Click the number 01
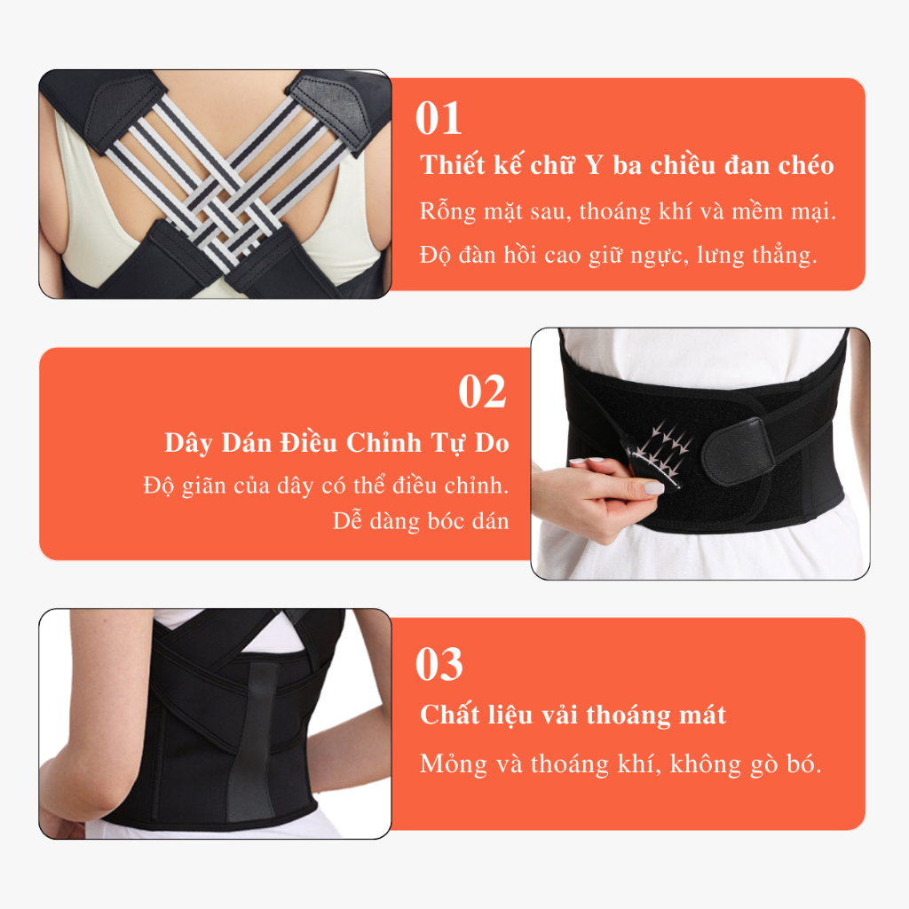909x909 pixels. tap(439, 118)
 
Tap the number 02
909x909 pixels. tap(482, 391)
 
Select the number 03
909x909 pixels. tap(439, 664)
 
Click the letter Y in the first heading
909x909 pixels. tap(594, 165)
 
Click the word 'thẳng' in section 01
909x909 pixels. tap(785, 255)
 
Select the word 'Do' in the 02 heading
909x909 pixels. tap(492, 444)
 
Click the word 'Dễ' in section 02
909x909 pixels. tap(347, 520)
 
